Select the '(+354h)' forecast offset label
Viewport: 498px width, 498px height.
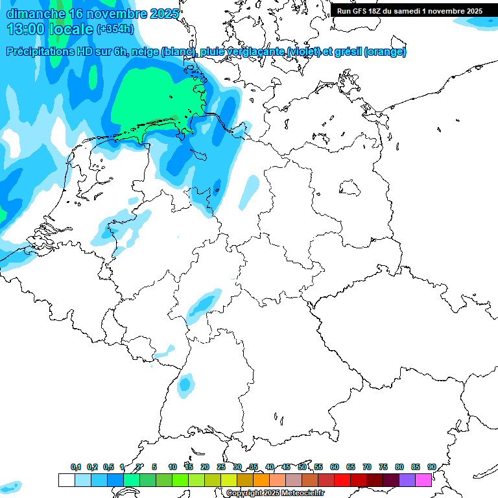115,29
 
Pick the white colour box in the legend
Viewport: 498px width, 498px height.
66,480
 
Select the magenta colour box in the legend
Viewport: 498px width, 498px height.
423,480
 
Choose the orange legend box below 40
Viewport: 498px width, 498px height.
261,480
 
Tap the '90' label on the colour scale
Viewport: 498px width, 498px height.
431,467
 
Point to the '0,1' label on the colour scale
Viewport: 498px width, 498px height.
76,467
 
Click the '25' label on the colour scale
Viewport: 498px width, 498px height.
221,467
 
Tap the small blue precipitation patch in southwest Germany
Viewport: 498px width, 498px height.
186,385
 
